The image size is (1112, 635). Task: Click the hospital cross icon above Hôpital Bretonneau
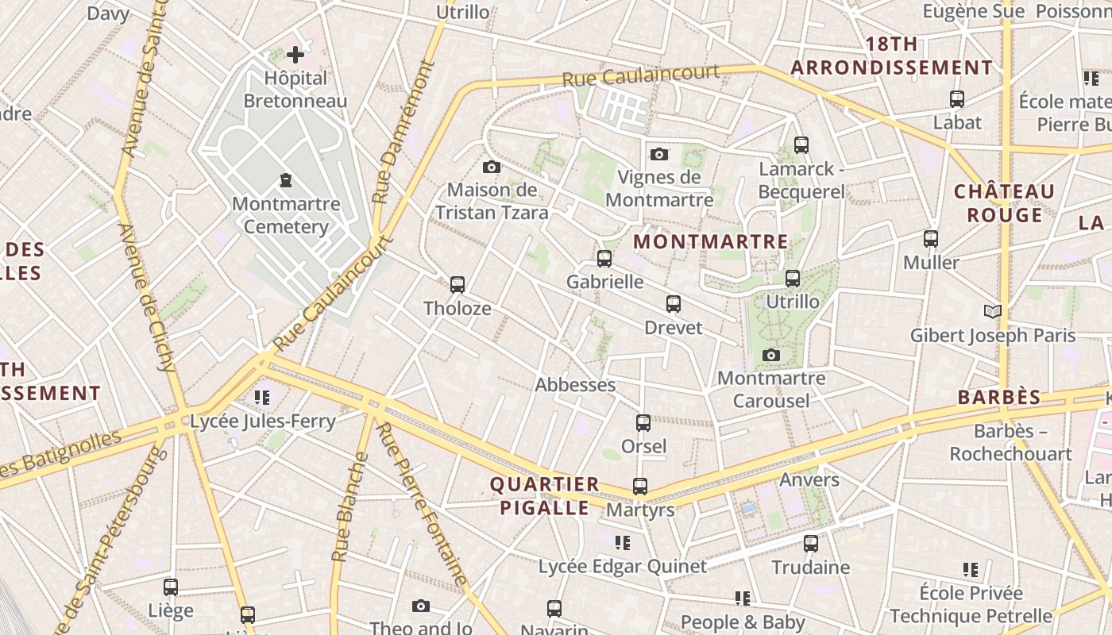click(295, 55)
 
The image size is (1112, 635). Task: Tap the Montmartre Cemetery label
click(286, 215)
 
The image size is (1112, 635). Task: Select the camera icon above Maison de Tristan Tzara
click(492, 167)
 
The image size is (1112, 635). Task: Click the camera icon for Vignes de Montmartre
click(658, 154)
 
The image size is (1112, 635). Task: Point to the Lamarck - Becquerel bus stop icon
click(801, 145)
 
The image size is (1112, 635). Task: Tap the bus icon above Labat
click(957, 99)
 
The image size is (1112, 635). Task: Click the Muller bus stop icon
click(930, 238)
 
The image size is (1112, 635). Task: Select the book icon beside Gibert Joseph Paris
click(992, 311)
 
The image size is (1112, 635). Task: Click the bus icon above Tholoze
click(457, 284)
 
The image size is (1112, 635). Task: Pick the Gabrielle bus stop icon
click(604, 258)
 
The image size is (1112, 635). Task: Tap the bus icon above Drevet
click(674, 304)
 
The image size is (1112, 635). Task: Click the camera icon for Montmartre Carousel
click(770, 355)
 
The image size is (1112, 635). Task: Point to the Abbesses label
click(575, 385)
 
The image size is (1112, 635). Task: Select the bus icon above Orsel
click(643, 423)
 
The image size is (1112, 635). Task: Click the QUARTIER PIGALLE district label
click(545, 496)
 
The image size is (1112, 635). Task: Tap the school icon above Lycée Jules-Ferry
click(262, 397)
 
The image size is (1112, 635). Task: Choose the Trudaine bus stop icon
click(810, 544)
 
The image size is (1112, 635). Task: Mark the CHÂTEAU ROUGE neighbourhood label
click(1004, 203)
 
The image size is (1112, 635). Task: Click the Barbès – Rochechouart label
click(1010, 443)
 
